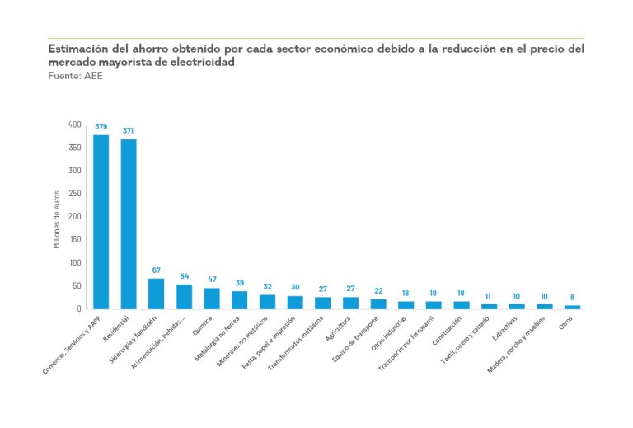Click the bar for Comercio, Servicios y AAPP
coord(101,222)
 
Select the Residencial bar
coord(129,223)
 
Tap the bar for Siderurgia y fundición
coord(157,294)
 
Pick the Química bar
coord(212,299)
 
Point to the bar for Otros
coord(572,307)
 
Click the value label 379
coord(101,127)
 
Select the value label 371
coord(129,131)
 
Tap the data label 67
coord(157,270)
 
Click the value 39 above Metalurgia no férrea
coord(240,283)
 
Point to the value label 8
coord(572,297)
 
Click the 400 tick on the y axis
coord(75,125)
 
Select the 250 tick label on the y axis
coord(75,194)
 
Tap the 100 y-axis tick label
coord(75,263)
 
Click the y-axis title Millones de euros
coord(57,219)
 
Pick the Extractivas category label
coord(504,332)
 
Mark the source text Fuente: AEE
coord(70,75)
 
